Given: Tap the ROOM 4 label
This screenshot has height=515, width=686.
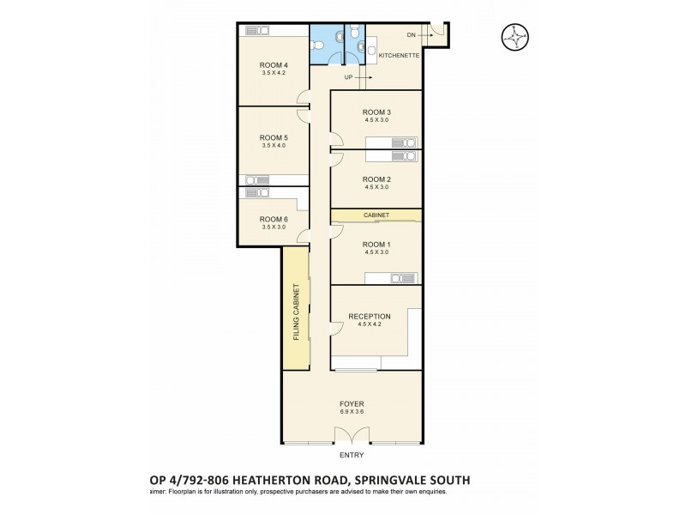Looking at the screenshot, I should tap(274, 65).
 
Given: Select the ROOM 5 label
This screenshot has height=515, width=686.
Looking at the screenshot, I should tap(274, 137).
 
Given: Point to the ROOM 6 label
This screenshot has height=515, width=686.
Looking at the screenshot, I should tap(274, 219).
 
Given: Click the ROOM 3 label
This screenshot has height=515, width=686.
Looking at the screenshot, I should tap(376, 112).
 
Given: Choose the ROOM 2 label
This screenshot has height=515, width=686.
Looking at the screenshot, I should tap(376, 179).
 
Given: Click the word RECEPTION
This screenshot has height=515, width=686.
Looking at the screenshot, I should tap(370, 317).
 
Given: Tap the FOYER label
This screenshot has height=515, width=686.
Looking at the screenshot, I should tap(352, 403).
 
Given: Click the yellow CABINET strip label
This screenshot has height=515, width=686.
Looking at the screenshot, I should tap(376, 215).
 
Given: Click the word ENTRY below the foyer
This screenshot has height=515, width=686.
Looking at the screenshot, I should tap(352, 455).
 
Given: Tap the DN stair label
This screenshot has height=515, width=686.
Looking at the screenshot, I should tap(412, 35).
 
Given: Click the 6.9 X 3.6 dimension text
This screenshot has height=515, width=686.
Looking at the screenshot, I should tap(352, 411).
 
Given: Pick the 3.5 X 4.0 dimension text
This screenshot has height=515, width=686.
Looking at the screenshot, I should tap(274, 146).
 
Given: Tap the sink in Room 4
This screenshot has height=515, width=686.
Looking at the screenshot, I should tap(257, 31).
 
